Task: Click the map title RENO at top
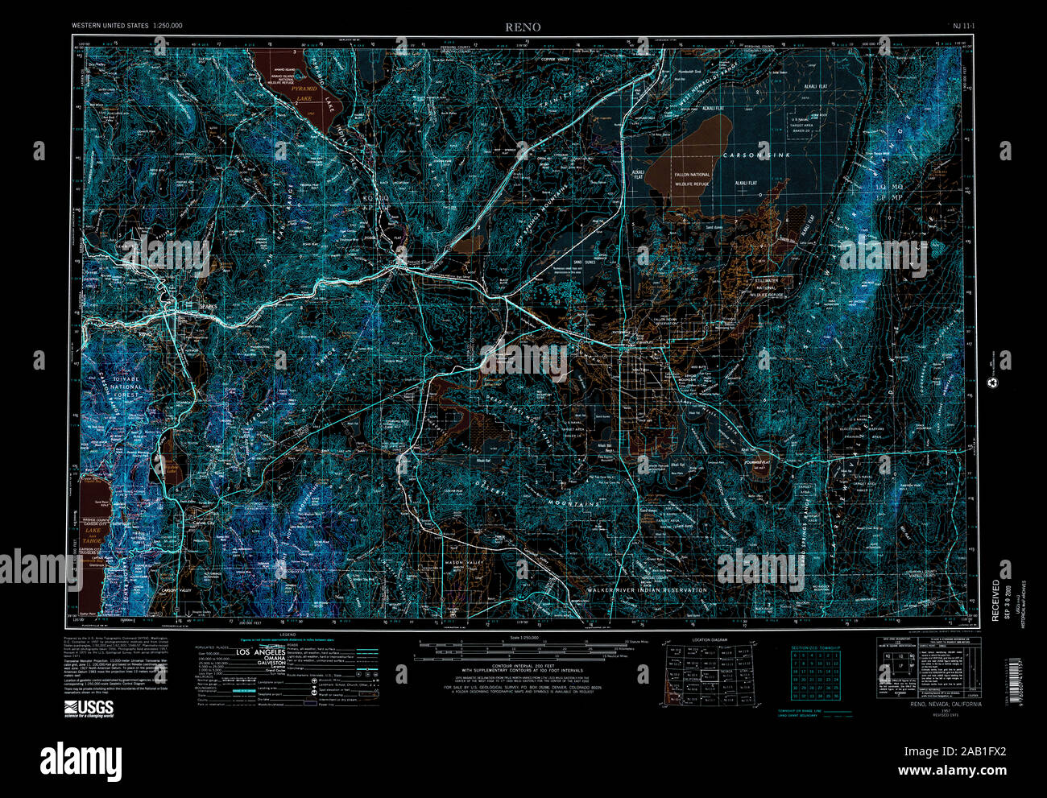pos(523,27)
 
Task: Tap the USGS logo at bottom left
pos(89,709)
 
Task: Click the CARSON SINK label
pos(755,155)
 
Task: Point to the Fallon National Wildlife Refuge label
pos(688,179)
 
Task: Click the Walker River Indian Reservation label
pos(647,589)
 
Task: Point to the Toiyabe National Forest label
pos(125,387)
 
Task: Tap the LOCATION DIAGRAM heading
pos(709,640)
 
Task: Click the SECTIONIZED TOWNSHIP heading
pos(815,647)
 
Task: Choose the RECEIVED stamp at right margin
pos(995,600)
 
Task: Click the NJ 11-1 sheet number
pos(963,27)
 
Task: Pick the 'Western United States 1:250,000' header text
pos(126,27)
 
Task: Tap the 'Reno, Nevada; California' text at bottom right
pos(946,705)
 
